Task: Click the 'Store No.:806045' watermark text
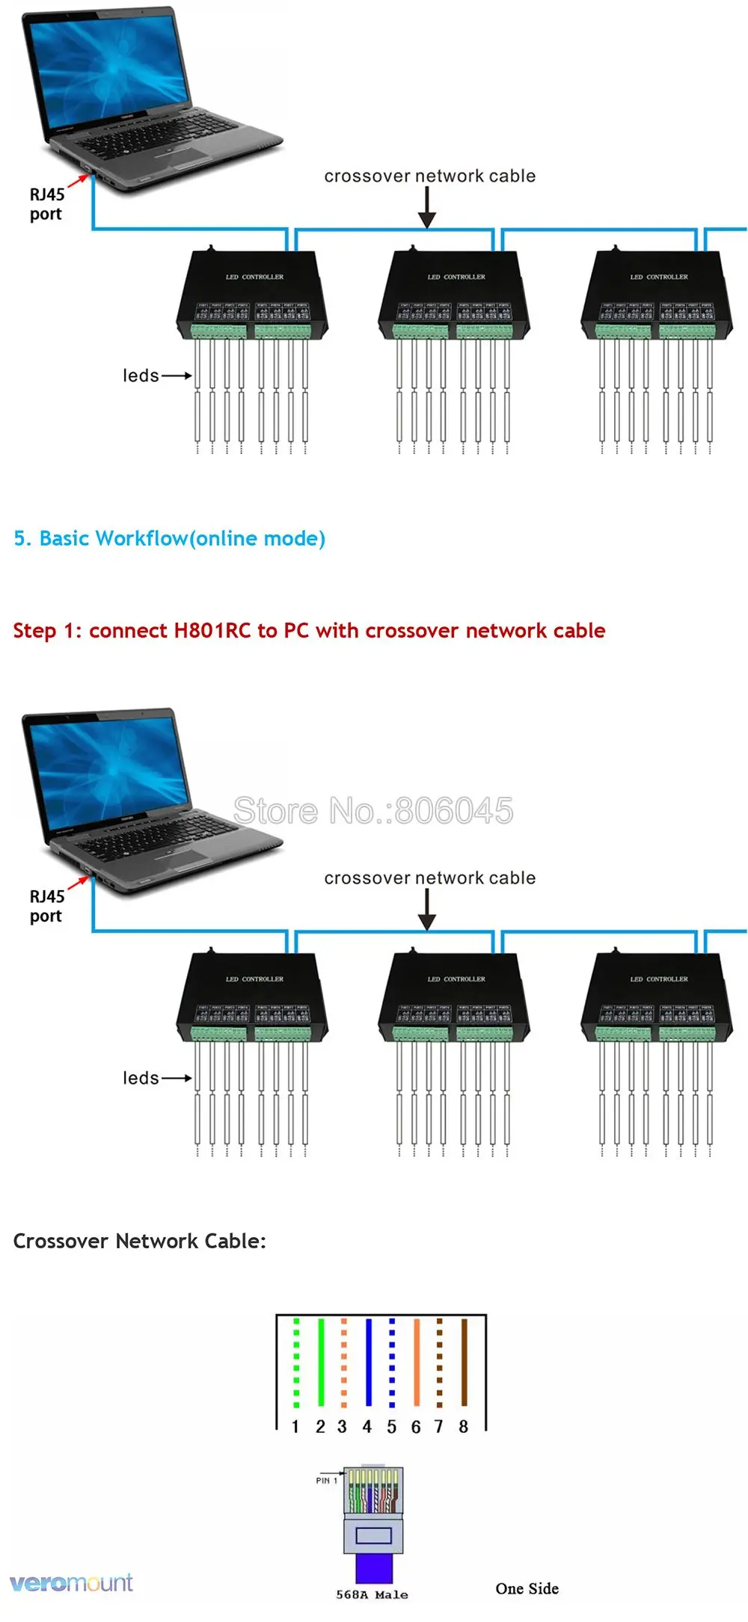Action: tap(373, 811)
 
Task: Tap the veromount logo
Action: tap(71, 1582)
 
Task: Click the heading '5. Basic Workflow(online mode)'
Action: tap(170, 538)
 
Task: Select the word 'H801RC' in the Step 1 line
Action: tap(212, 631)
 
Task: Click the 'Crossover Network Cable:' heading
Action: tap(140, 1241)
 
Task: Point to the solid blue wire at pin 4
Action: tap(368, 1362)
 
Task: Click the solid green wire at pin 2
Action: tap(321, 1362)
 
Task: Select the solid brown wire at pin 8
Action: tap(464, 1362)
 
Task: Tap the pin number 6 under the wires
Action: tap(416, 1427)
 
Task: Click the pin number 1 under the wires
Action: tap(295, 1427)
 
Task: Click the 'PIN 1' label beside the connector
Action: tap(326, 1480)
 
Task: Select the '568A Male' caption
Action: tap(372, 1594)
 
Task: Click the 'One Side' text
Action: tap(527, 1588)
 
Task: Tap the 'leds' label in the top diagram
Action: tap(141, 375)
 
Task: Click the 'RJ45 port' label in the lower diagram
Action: tap(46, 906)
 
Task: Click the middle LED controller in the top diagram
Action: tap(454, 295)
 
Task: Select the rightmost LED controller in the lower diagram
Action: tap(657, 998)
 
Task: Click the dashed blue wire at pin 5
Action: tap(392, 1362)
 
